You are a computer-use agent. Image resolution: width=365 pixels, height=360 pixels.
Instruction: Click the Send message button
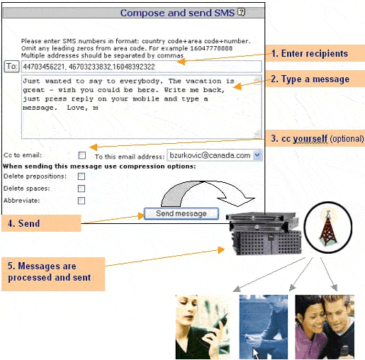click(x=181, y=213)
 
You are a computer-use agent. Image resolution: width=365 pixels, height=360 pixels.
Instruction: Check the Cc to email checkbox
click(x=82, y=155)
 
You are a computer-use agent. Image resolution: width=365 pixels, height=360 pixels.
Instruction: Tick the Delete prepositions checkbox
click(x=82, y=176)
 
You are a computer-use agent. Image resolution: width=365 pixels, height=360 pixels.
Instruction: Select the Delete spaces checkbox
click(x=82, y=189)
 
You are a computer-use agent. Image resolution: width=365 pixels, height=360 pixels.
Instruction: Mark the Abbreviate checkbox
click(x=82, y=201)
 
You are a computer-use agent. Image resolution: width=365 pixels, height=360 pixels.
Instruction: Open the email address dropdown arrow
click(x=257, y=155)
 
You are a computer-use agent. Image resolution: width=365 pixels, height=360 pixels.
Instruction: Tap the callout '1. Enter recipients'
click(x=315, y=53)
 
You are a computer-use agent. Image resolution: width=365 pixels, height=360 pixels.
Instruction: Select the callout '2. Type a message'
click(x=315, y=79)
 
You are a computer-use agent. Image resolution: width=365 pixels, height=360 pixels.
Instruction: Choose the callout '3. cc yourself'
click(x=315, y=138)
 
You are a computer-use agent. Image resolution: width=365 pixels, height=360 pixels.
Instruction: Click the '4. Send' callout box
click(x=40, y=223)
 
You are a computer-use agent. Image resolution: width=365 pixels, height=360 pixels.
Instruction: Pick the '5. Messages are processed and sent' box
click(x=52, y=271)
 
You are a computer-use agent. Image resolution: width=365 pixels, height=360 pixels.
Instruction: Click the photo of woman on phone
click(x=202, y=327)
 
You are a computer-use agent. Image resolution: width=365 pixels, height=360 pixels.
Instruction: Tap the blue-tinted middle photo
click(x=263, y=327)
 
